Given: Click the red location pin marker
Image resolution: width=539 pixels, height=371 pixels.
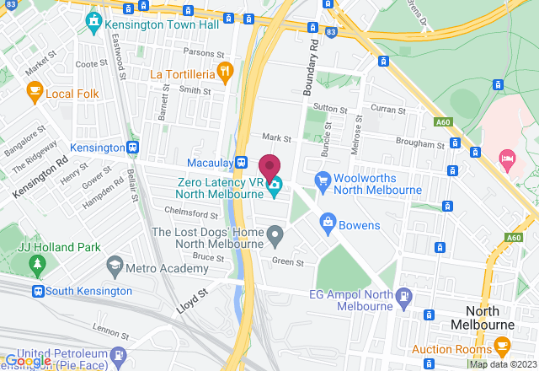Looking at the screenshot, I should point(269,166).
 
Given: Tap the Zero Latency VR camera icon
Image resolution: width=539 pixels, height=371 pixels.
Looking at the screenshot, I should point(275,187).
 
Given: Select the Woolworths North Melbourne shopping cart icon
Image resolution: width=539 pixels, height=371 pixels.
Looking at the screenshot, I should point(321,180).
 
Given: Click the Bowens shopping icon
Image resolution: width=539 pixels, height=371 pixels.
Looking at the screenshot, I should point(328,225).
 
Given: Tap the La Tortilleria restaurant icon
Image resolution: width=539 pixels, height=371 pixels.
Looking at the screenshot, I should point(224,73).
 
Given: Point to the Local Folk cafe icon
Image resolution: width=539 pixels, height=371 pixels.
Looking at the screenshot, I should point(35,91).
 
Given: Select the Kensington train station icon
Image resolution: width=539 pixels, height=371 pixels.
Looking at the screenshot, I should point(133,148).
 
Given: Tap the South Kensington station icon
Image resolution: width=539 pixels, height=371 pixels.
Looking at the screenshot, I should point(38,291).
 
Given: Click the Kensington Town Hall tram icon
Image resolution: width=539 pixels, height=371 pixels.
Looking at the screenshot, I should point(93,18).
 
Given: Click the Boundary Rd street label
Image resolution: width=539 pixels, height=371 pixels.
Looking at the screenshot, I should point(307,71).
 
